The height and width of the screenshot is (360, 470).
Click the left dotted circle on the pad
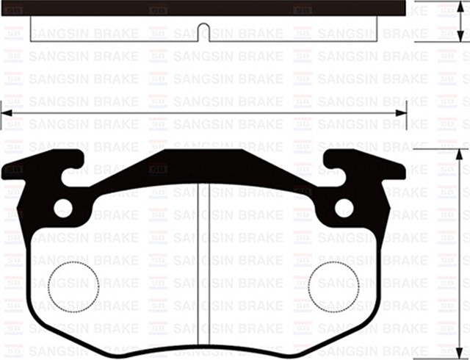(x=73, y=285)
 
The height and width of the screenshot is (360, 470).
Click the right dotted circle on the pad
(x=333, y=285)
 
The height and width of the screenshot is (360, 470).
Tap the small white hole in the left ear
(x=64, y=208)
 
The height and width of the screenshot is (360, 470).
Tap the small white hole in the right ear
(x=343, y=208)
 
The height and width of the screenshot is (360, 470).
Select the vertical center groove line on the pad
(x=203, y=264)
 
